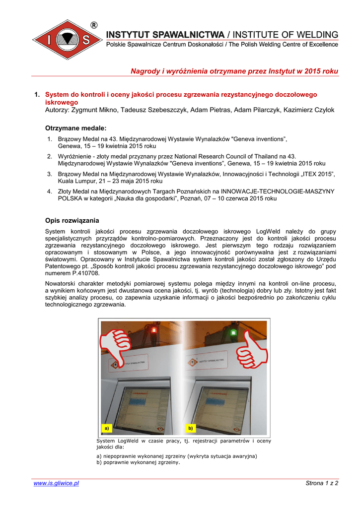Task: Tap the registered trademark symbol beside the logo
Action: [93, 25]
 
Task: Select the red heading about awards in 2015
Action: [234, 71]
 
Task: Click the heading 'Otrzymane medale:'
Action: [75, 128]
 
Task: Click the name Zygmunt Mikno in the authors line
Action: [93, 110]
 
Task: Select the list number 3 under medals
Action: [50, 174]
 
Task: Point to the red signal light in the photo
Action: [153, 329]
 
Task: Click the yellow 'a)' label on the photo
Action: [105, 428]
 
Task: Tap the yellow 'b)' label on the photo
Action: [190, 428]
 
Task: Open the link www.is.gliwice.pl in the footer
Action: [56, 483]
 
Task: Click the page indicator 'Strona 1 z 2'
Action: [322, 483]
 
